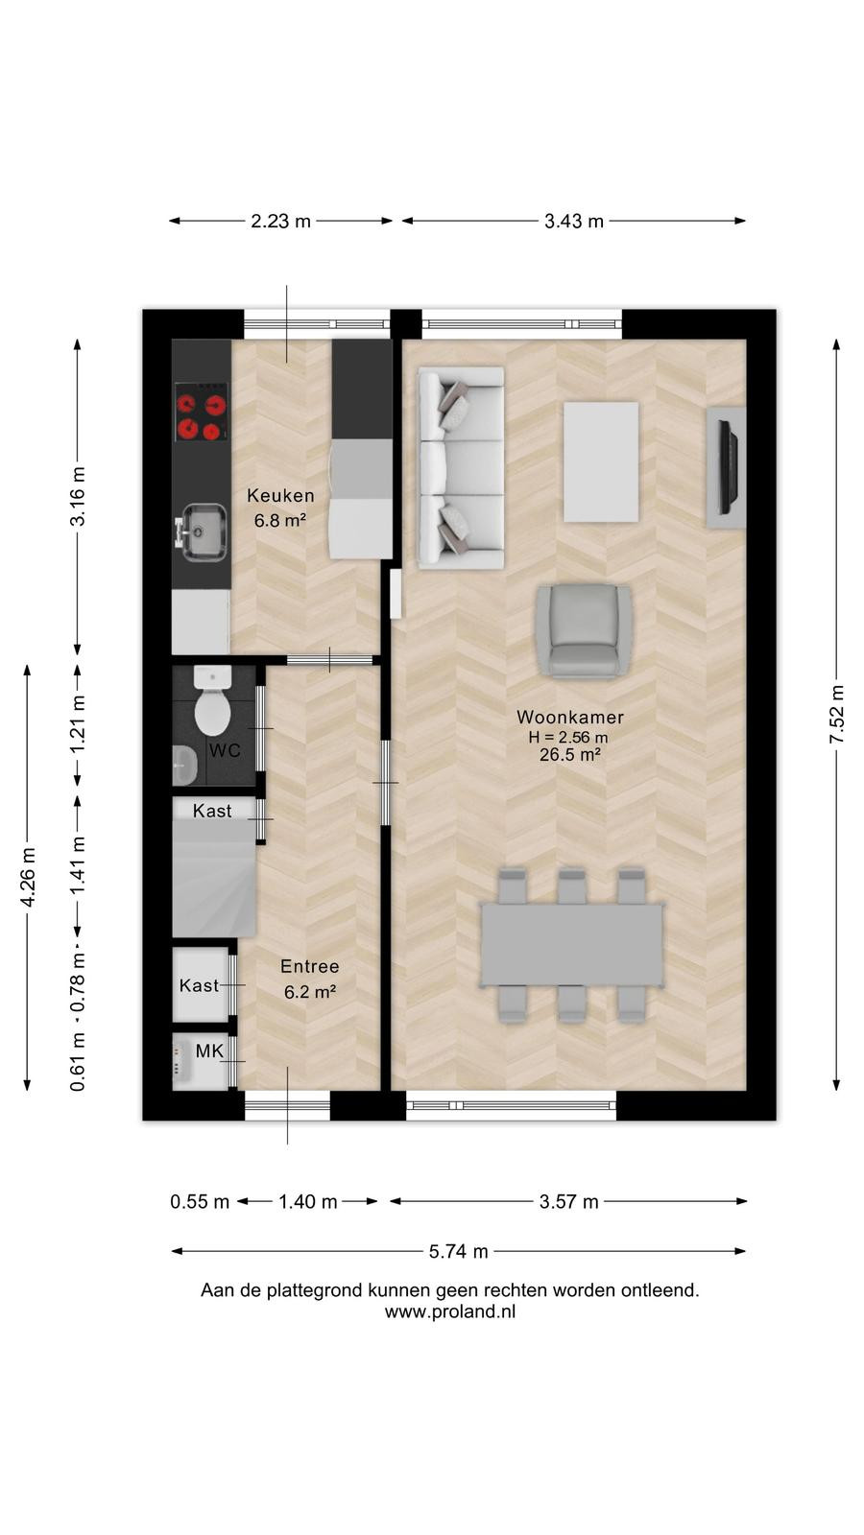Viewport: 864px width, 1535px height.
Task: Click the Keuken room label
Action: [x=280, y=495]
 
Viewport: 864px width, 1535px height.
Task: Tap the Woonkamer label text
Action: [x=570, y=717]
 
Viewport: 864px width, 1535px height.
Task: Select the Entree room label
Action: [x=310, y=966]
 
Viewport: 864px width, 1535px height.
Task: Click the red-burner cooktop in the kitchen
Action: [x=201, y=412]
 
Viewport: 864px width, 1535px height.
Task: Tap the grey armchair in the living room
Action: [x=585, y=630]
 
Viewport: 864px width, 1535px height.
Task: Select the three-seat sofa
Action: [x=461, y=468]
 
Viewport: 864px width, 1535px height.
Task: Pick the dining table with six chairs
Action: [x=572, y=946]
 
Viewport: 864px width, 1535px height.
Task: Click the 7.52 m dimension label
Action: [x=836, y=714]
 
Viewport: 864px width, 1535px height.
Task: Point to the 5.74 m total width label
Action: [x=458, y=1251]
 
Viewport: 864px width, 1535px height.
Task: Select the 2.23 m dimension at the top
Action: [x=280, y=222]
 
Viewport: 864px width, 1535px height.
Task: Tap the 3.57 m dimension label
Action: [x=568, y=1201]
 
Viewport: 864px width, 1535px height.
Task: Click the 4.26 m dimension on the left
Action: [x=28, y=877]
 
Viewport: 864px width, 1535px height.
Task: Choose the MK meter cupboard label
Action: [x=209, y=1051]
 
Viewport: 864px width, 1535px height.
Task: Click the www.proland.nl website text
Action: [x=450, y=1311]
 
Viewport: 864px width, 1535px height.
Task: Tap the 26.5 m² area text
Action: [x=570, y=754]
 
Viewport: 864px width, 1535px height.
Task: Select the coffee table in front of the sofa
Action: [x=601, y=461]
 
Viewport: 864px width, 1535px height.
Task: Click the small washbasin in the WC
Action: [x=183, y=764]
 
